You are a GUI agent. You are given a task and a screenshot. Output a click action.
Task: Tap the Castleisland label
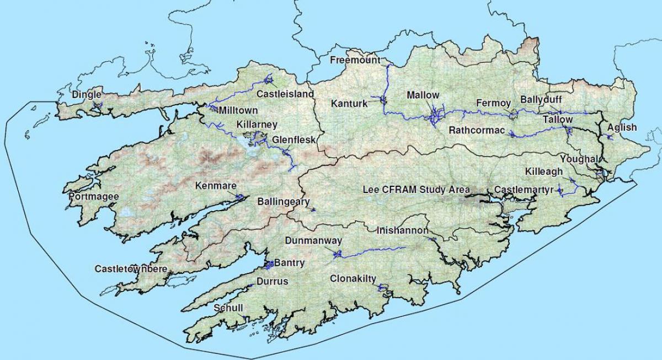pos(285,94)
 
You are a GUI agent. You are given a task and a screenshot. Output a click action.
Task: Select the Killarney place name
pos(256,125)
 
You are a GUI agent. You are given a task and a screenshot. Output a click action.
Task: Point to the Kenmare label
pos(216,186)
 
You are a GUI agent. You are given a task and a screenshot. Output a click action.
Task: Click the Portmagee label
pos(93,196)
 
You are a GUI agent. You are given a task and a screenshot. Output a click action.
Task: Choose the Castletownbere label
pos(131,269)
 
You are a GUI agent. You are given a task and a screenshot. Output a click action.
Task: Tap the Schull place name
pos(228,308)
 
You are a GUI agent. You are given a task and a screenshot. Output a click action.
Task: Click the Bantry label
pos(289,263)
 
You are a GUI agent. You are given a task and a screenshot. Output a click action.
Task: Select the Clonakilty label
pos(353,279)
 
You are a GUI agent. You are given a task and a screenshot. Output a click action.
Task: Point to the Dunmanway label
pos(313,240)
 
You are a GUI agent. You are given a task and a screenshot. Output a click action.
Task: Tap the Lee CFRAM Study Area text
pos(416,190)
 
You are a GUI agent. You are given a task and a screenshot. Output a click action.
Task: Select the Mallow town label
pos(423,95)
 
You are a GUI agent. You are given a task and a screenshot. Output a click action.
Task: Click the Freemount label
pos(355,60)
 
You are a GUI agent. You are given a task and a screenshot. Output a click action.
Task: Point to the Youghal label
pos(578,159)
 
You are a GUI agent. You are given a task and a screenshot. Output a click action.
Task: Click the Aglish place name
pos(622,127)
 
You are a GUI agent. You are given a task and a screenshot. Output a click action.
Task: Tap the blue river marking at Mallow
pos(436,116)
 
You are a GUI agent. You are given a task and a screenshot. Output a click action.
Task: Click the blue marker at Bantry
pos(269,265)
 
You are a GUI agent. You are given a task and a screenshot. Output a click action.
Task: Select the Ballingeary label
pos(284,202)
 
